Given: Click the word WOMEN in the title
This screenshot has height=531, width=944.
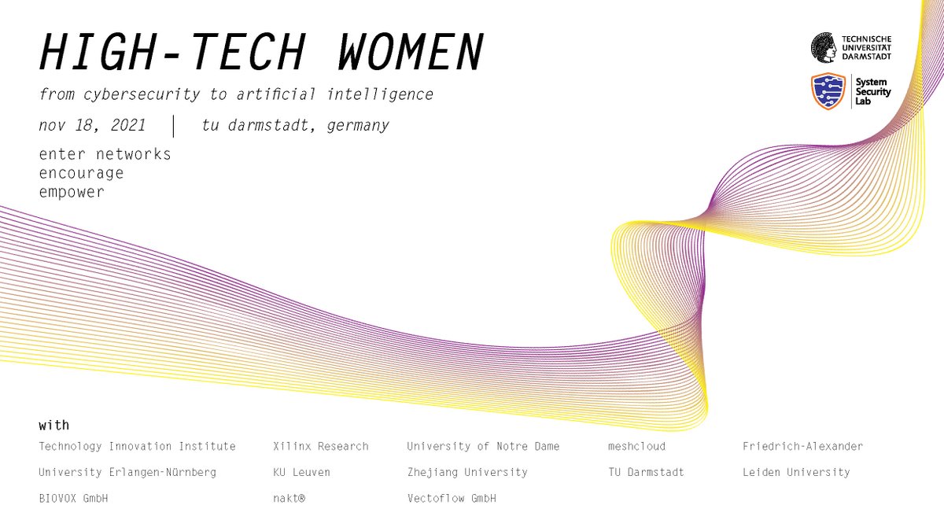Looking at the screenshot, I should [411, 53].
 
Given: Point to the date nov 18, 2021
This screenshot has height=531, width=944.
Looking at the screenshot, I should [92, 125].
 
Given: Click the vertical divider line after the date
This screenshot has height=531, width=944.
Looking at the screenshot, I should [174, 125].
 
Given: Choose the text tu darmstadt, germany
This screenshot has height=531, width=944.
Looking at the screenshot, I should [295, 125].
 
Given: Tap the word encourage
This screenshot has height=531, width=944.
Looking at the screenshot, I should [81, 173].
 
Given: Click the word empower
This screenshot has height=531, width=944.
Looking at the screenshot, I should [71, 192].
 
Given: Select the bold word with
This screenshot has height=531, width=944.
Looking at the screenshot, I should [53, 426].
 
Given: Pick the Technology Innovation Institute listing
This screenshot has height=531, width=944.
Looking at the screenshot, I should [137, 446].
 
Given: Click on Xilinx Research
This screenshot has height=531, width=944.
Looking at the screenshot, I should [320, 446].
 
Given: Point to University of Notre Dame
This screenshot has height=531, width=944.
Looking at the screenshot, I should [483, 446].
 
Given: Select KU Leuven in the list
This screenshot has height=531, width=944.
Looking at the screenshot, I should [301, 472].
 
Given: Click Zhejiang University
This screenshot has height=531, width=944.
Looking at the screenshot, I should [467, 472].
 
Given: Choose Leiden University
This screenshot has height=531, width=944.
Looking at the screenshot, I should [796, 472].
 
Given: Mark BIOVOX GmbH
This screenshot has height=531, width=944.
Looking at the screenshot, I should [73, 498].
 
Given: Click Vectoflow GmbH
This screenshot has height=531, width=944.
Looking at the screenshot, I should [452, 498].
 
